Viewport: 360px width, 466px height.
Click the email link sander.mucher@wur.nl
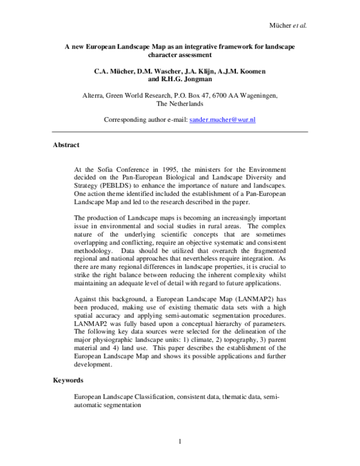223,120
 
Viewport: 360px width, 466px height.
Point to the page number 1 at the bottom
179,443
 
